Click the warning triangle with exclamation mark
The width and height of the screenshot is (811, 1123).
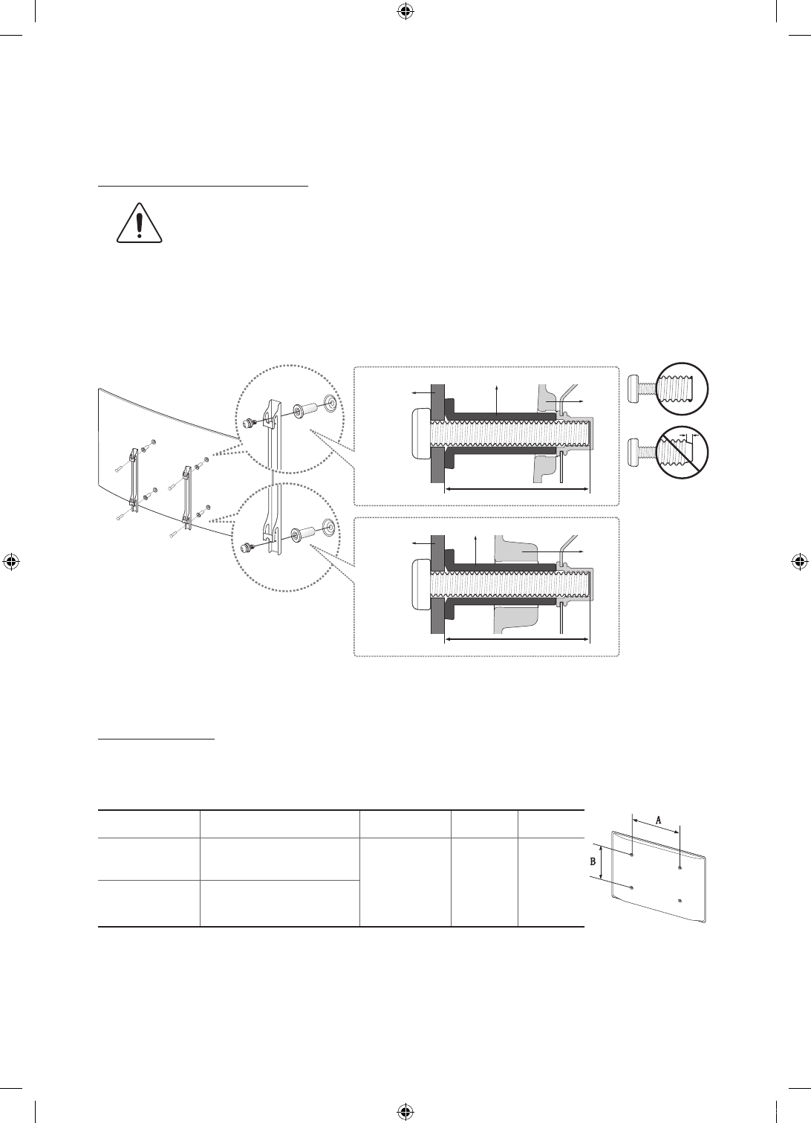click(x=140, y=224)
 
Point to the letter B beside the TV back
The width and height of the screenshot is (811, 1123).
click(x=593, y=862)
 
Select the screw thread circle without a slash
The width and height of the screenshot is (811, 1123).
click(x=682, y=389)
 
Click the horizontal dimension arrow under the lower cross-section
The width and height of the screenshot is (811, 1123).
click(x=518, y=638)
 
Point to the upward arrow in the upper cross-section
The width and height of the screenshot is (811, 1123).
click(x=496, y=400)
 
